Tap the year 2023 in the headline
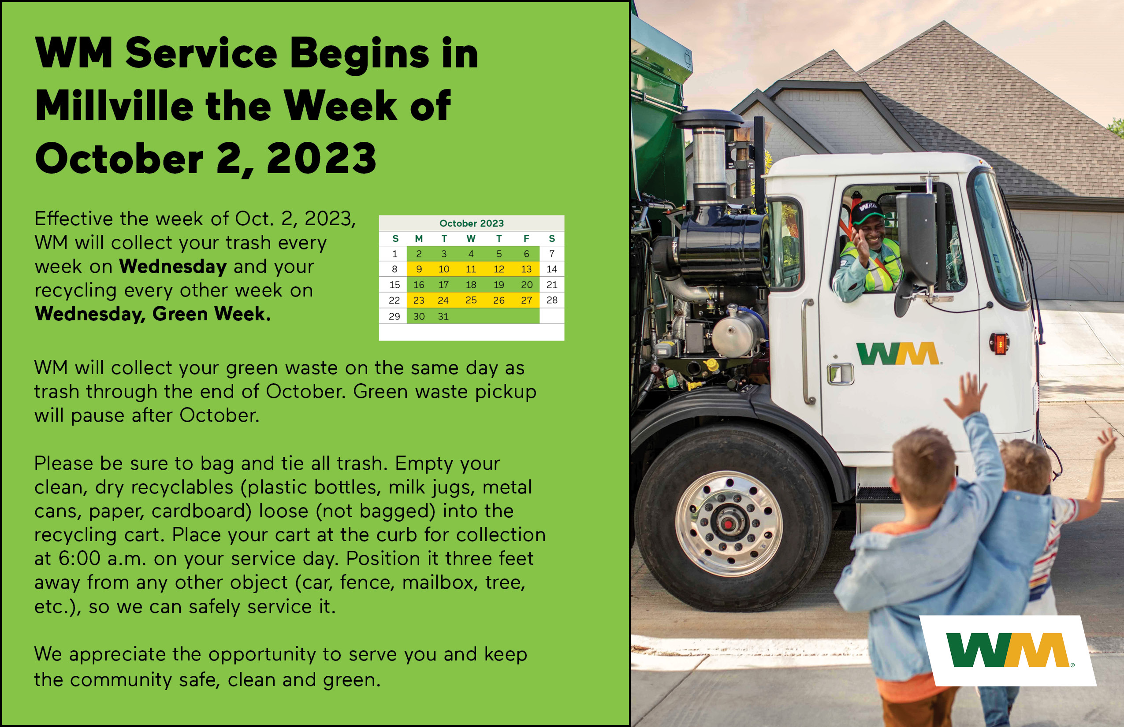tap(322, 158)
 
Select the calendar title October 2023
tap(471, 223)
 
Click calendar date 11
tap(471, 269)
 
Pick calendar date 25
tap(471, 300)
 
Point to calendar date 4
tap(471, 254)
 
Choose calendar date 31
tap(443, 316)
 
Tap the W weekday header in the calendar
tap(471, 238)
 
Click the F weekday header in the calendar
tap(526, 238)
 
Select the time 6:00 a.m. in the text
tap(102, 559)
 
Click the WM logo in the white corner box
tap(1007, 650)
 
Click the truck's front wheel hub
tap(729, 523)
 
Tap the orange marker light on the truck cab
tap(999, 344)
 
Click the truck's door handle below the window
tap(841, 374)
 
